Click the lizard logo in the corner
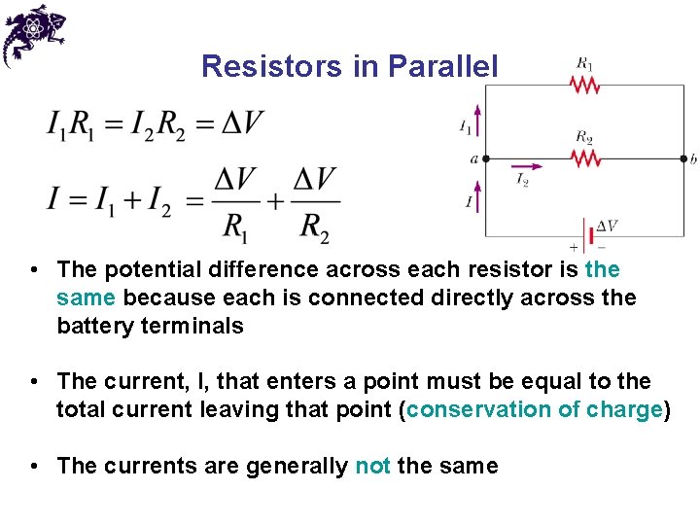pyautogui.click(x=32, y=34)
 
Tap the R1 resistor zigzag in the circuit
pyautogui.click(x=584, y=86)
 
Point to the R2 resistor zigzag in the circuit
pyautogui.click(x=584, y=157)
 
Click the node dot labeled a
pyautogui.click(x=486, y=157)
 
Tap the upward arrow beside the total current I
pyautogui.click(x=477, y=198)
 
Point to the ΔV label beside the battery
pyautogui.click(x=607, y=226)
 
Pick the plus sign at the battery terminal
pyautogui.click(x=573, y=247)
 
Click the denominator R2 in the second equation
pyautogui.click(x=315, y=227)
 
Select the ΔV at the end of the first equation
pyautogui.click(x=242, y=124)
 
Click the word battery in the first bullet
pyautogui.click(x=96, y=326)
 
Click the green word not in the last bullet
pyautogui.click(x=372, y=466)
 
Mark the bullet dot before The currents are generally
pyautogui.click(x=34, y=466)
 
